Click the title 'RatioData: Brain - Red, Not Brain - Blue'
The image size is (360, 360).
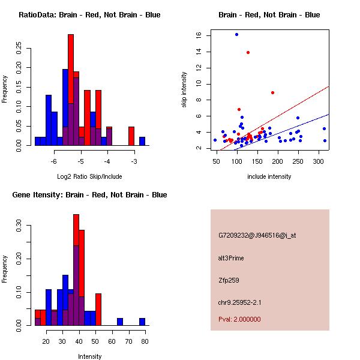point(89,15)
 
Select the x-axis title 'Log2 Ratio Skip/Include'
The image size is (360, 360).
point(89,176)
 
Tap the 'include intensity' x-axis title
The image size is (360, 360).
point(269,176)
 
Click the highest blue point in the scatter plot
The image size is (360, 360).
point(236,34)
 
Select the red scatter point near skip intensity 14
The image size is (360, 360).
point(248,52)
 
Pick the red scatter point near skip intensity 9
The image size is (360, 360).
point(272,92)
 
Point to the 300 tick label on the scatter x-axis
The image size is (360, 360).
point(318,162)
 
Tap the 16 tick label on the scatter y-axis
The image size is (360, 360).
point(199,35)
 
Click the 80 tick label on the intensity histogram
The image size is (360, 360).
point(145,342)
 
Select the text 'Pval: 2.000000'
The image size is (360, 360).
point(239,319)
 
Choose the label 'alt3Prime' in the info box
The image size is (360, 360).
point(231,259)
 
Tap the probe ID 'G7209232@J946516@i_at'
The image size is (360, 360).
point(257,235)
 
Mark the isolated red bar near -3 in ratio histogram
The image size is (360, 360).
point(131,136)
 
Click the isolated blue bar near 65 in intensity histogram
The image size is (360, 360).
point(120,322)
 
